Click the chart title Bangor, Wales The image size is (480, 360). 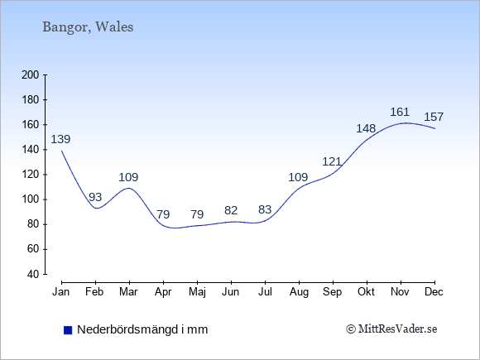[88, 27]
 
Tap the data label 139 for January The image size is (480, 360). [60, 139]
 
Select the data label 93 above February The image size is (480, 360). [95, 197]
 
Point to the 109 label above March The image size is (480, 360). [128, 177]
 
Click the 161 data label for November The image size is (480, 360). [400, 112]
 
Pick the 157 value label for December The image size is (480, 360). [434, 117]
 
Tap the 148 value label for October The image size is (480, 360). [366, 128]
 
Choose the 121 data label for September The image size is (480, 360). [332, 161]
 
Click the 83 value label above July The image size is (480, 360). [265, 209]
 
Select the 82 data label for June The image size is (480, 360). [231, 210]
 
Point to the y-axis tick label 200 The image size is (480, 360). [31, 75]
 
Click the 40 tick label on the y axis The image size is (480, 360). [34, 274]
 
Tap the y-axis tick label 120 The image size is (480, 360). [31, 175]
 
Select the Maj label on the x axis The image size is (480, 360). [197, 292]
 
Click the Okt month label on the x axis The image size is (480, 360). [366, 292]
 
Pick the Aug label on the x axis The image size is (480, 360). [299, 292]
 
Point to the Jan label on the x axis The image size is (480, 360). [61, 292]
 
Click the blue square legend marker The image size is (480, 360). [68, 330]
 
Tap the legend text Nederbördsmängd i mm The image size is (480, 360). [142, 329]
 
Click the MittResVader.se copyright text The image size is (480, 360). [391, 329]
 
